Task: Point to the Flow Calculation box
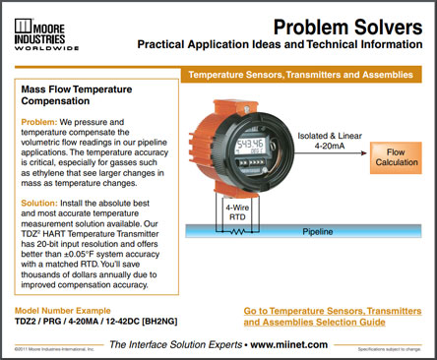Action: click(x=396, y=158)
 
